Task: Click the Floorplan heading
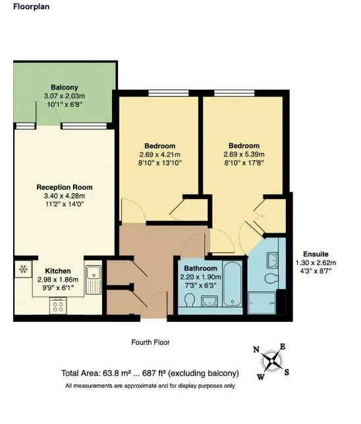click(32, 7)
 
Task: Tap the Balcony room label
click(65, 87)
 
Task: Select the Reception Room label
click(65, 187)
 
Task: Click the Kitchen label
click(58, 271)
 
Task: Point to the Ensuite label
click(316, 254)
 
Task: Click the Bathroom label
click(200, 268)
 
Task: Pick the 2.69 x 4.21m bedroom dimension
click(159, 155)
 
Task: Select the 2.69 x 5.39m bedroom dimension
click(244, 154)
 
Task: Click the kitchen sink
click(94, 280)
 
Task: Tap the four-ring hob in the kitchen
click(58, 306)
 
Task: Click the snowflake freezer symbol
click(23, 269)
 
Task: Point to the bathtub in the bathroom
click(233, 284)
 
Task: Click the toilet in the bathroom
click(190, 300)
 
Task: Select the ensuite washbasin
click(272, 260)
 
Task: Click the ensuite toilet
click(271, 278)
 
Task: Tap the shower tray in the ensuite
click(262, 303)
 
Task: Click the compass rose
click(271, 361)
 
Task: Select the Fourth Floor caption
click(150, 342)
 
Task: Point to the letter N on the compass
click(256, 349)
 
